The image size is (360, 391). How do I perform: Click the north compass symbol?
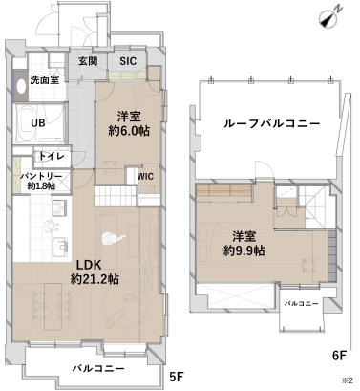click(331, 17)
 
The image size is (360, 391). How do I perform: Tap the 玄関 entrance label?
click(88, 61)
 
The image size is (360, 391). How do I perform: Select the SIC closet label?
click(128, 61)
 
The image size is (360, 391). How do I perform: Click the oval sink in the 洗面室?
click(21, 86)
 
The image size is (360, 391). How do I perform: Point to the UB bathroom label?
click(38, 122)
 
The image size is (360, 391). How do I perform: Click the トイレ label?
click(52, 156)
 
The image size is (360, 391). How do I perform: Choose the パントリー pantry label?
click(41, 176)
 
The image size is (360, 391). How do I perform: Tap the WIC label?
click(145, 176)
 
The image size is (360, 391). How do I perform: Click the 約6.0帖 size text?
click(129, 131)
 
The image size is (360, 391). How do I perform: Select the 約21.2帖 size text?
click(95, 279)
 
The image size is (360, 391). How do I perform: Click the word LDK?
click(89, 265)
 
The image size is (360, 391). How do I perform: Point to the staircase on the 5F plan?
click(116, 196)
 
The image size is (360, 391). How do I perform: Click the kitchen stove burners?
click(59, 207)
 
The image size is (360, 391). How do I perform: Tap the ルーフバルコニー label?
click(272, 123)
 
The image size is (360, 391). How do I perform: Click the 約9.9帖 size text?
click(244, 250)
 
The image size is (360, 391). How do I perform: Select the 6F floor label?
click(339, 356)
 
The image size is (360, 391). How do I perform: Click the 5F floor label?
click(177, 377)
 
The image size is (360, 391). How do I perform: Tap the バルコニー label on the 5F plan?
click(98, 369)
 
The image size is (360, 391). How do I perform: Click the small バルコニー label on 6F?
click(301, 304)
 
